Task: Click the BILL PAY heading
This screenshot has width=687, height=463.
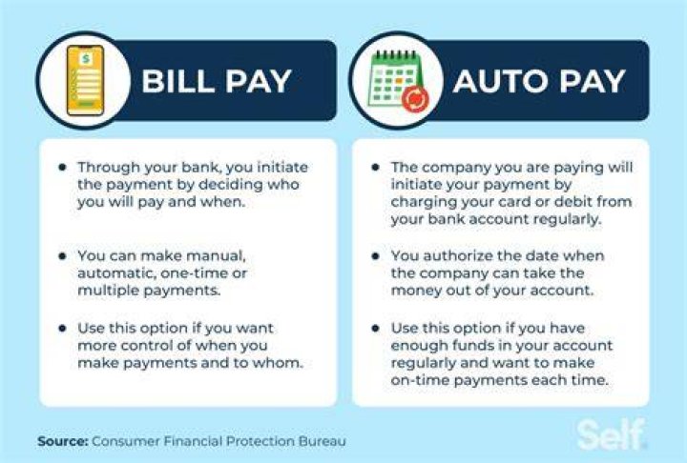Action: point(216,81)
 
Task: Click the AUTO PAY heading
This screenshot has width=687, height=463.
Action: point(539,81)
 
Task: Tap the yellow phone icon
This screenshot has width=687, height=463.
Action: point(86,81)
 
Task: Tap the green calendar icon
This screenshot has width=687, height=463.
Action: point(394,79)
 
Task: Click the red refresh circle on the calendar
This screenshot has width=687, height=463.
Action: point(415,99)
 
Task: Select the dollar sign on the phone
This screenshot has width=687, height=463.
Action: point(86,58)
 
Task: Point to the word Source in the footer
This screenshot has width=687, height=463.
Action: point(63,441)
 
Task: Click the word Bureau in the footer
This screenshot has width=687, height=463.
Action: point(323,441)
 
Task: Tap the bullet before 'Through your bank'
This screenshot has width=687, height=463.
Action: point(63,167)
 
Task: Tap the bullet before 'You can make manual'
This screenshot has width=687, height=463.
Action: point(63,255)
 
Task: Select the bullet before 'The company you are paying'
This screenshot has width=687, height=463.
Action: point(376,167)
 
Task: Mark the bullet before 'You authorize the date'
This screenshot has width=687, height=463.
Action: point(376,255)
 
